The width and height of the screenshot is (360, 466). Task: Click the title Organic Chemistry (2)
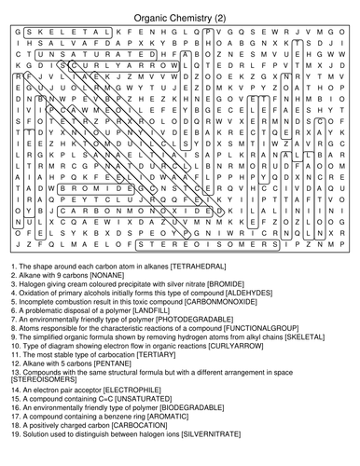[180, 17]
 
